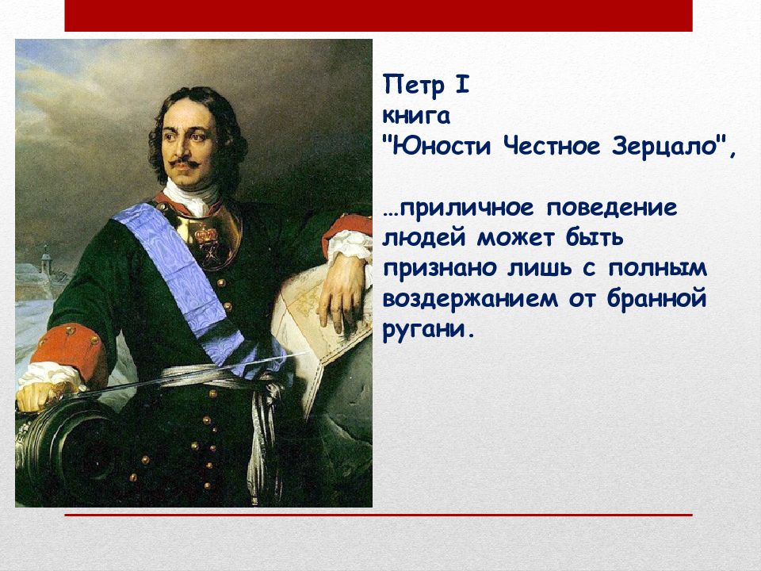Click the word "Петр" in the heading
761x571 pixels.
414,85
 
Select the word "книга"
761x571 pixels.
416,116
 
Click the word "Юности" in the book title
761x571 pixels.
442,146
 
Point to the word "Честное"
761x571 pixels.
552,146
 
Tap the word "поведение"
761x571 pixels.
611,208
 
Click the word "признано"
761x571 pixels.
440,269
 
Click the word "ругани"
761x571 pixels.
423,330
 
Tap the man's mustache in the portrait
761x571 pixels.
185,163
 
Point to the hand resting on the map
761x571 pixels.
342,291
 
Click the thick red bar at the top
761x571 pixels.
379,16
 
